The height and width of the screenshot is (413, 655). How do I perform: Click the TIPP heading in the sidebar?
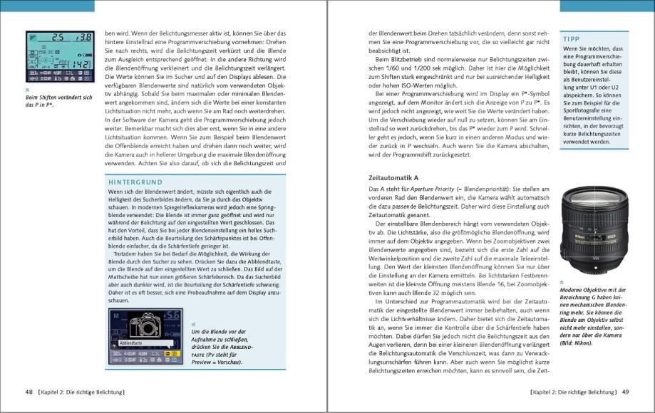point(570,38)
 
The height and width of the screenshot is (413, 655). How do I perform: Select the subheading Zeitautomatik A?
point(393,176)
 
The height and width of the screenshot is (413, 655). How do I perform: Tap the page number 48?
point(30,392)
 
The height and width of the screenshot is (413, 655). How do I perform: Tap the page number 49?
point(624,392)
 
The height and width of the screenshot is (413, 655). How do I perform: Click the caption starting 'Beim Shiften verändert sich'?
point(58,100)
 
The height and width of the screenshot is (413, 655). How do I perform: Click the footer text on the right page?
point(572,392)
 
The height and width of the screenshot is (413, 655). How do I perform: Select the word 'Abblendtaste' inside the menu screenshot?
point(131,343)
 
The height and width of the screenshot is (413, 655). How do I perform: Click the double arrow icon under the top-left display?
point(27,90)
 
